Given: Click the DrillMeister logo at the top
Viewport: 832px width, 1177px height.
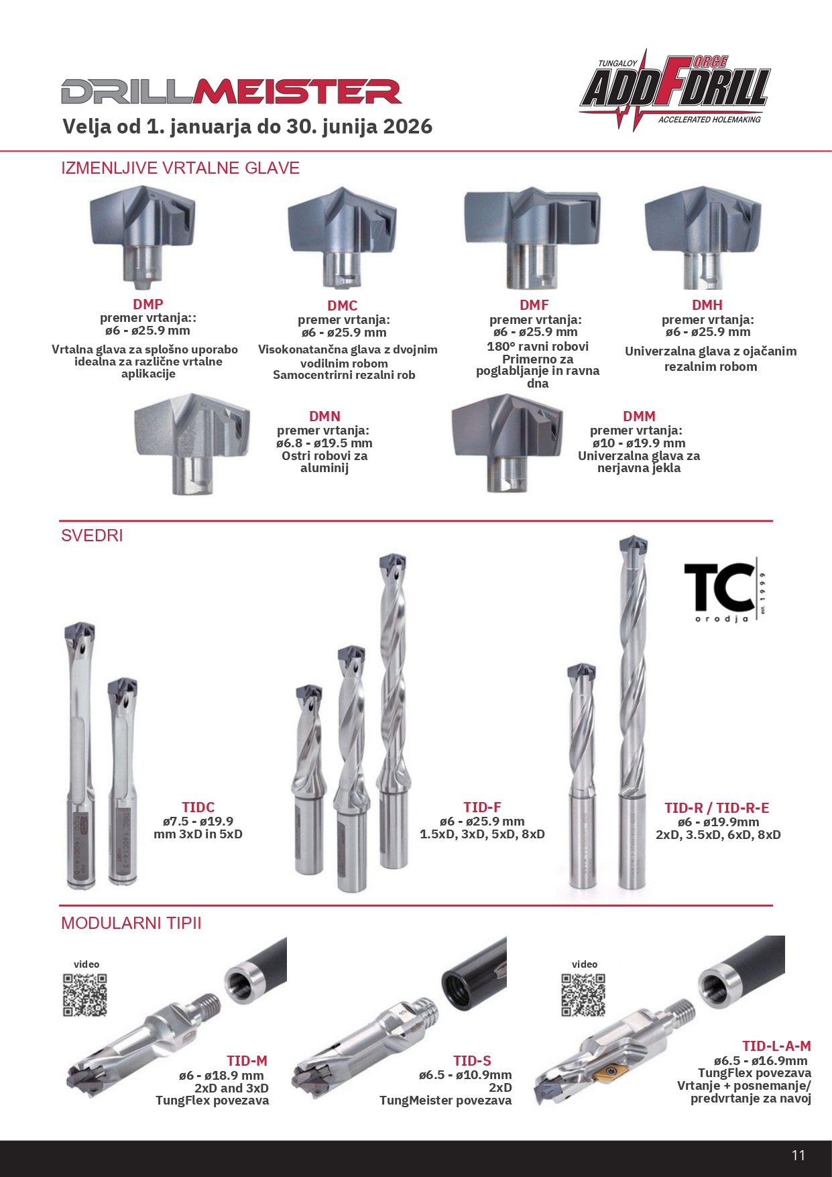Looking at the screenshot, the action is click(x=231, y=92).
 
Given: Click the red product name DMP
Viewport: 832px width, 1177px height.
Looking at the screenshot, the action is click(x=148, y=304).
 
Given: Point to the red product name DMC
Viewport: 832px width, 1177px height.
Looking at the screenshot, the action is click(x=343, y=306).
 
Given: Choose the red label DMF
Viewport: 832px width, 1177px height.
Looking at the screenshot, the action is click(x=534, y=305).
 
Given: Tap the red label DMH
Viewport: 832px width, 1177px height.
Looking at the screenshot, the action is click(x=707, y=305).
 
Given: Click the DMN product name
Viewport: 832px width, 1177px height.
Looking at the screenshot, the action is click(x=325, y=416).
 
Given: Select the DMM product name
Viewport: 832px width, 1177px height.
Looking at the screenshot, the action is click(x=639, y=416).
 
